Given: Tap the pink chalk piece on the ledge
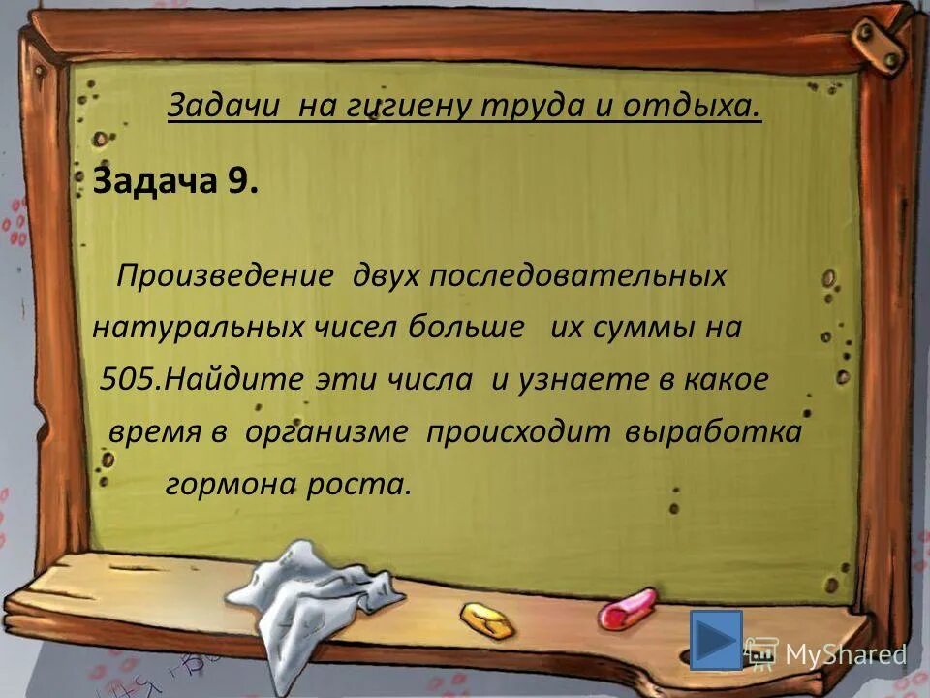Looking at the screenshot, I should [627, 609].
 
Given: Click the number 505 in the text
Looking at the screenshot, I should [132, 379].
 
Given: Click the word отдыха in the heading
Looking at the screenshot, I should [693, 105].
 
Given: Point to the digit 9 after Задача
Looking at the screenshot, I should [240, 180].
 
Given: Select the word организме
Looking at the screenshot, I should [326, 431].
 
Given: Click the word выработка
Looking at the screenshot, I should [715, 431].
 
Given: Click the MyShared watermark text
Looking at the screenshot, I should [845, 654].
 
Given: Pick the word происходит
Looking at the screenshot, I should [520, 431].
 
